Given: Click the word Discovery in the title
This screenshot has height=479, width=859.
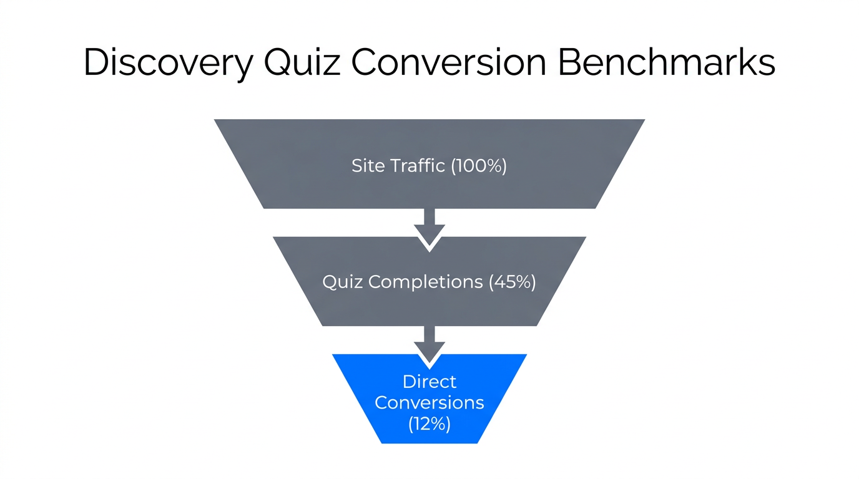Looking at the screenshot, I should pos(169,62).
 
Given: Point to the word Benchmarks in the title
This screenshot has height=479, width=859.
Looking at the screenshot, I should pos(666,62).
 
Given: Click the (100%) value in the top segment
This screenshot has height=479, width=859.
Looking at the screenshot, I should pos(479,166).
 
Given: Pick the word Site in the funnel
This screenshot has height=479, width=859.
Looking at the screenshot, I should pos(368,166).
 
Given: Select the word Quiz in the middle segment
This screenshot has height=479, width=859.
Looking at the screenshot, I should pos(343,282).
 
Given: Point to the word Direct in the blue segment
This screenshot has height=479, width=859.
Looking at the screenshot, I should pos(430,382).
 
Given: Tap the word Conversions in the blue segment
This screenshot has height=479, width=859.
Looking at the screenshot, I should pos(430,402).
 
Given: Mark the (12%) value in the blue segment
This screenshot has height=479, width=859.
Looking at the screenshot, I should pos(430,423).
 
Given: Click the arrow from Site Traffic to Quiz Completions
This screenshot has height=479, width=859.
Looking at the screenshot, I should pos(430,228).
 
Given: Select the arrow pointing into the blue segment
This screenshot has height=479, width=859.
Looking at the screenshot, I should pos(430,345).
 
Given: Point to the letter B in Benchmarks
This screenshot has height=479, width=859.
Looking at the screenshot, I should pos(570,62).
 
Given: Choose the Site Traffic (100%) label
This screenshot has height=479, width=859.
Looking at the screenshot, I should pos(430,166).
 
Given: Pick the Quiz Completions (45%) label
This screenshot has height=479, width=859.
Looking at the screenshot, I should pos(430,282).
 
